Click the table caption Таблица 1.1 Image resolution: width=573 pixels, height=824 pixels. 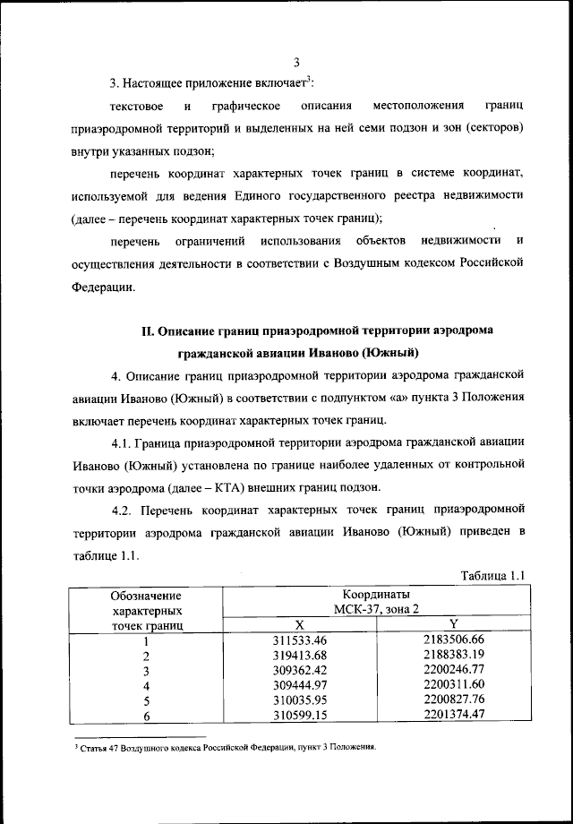pyautogui.click(x=492, y=575)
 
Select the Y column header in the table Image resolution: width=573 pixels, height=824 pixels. pyautogui.click(x=453, y=625)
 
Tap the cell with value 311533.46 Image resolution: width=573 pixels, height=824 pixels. pyautogui.click(x=299, y=640)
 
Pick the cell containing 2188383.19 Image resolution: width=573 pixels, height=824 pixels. pyautogui.click(x=453, y=656)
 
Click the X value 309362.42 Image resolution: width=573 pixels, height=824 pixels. pyautogui.click(x=299, y=671)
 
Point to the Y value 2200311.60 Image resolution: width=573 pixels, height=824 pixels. pyautogui.click(x=453, y=686)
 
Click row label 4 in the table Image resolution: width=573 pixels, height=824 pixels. pyautogui.click(x=144, y=686)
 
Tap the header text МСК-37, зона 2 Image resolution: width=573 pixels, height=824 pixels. pyautogui.click(x=376, y=610)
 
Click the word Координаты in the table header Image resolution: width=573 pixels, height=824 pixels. pyautogui.click(x=376, y=595)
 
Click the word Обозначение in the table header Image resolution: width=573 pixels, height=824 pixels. pyautogui.click(x=145, y=595)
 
